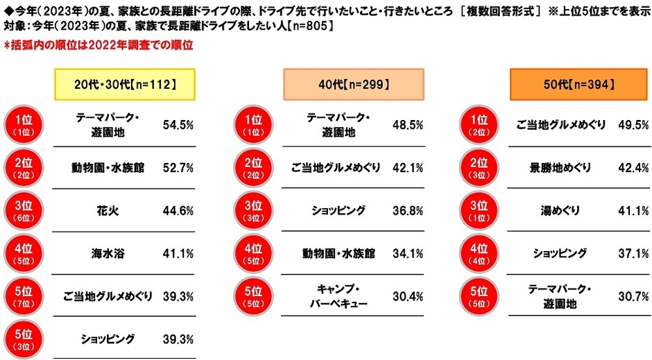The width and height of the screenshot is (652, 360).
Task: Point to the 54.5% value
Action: click(x=178, y=125)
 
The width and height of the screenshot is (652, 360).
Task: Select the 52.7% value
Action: click(x=178, y=168)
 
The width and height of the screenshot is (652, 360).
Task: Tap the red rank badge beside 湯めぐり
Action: click(x=480, y=211)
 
